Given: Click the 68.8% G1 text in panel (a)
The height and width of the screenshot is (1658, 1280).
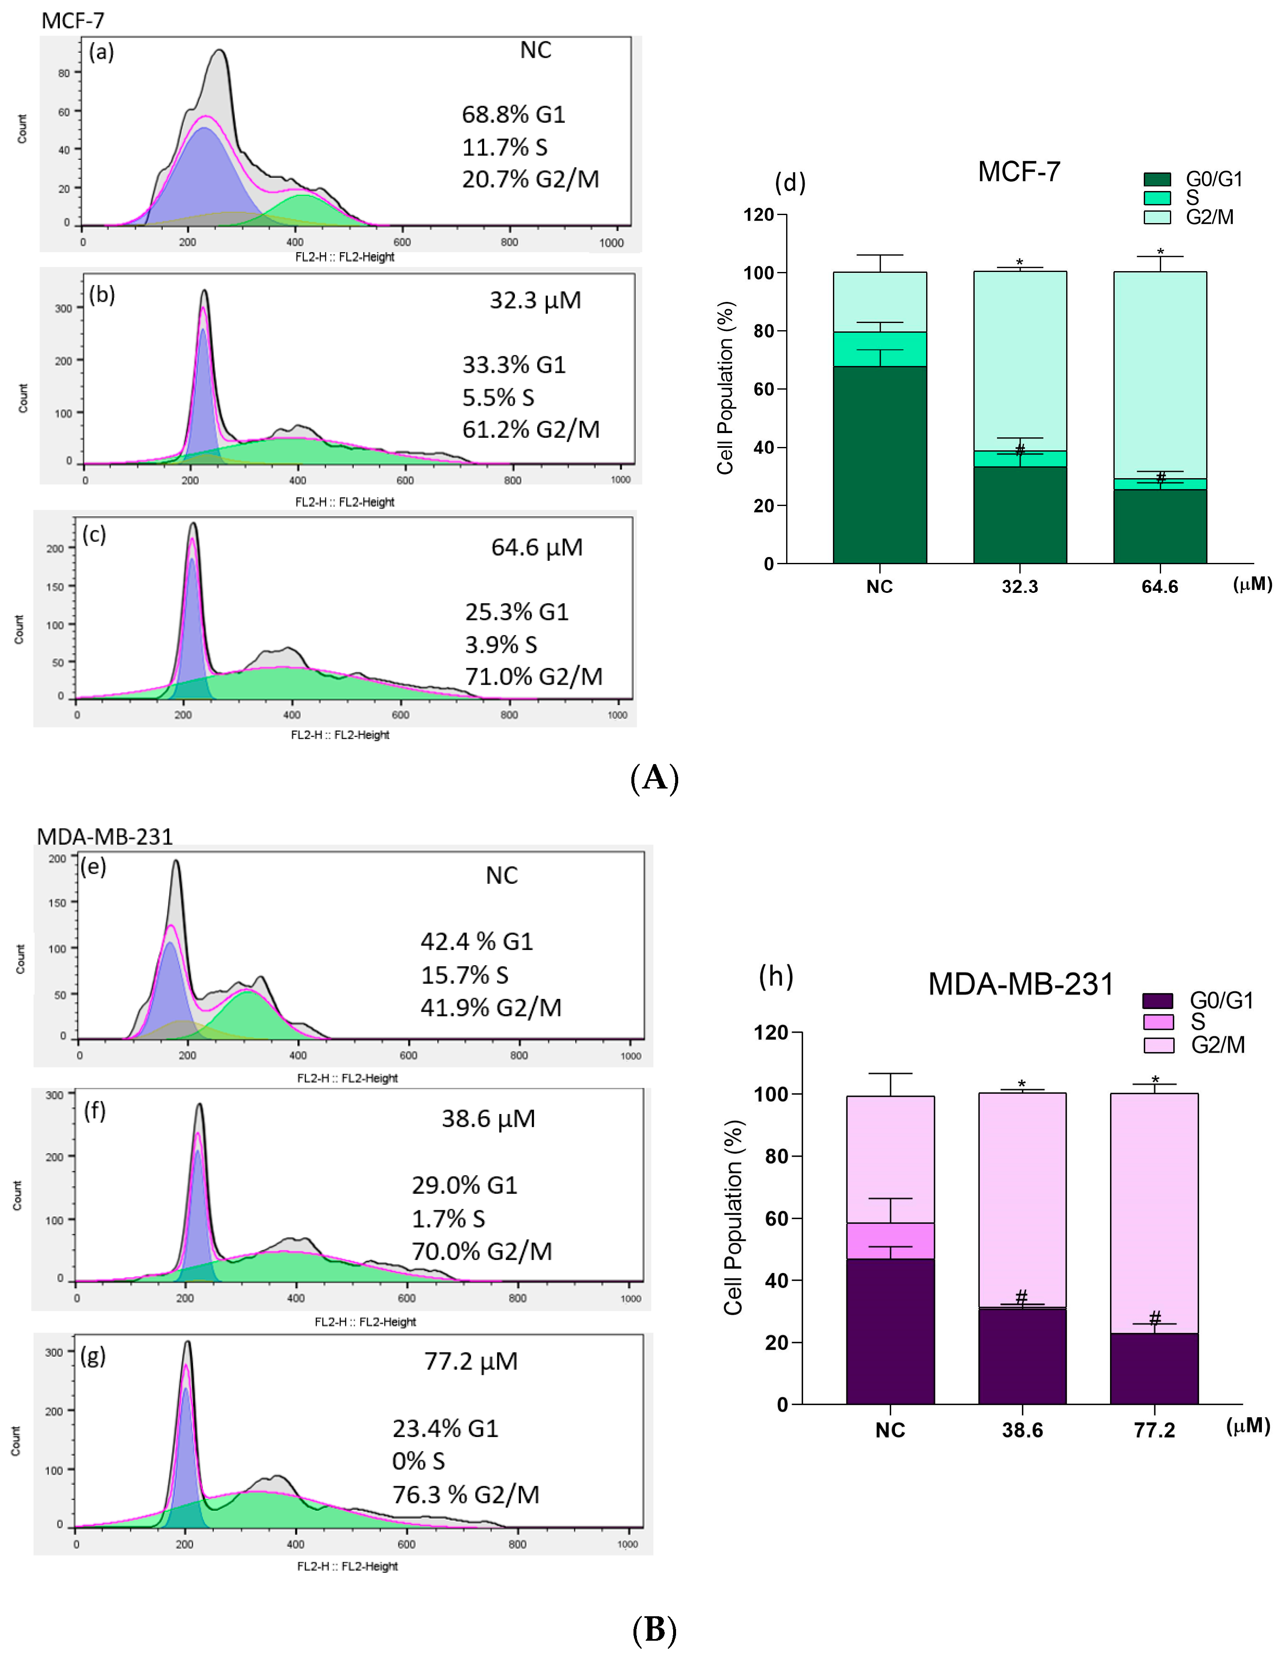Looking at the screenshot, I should pos(513,115).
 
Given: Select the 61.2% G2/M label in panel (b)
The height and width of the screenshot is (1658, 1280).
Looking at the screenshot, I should pos(531,430).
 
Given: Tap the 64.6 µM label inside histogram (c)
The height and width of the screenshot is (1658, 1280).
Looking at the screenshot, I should pos(537,547).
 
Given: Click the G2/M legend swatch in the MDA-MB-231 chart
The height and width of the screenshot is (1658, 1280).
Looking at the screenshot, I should pos(1158,1045).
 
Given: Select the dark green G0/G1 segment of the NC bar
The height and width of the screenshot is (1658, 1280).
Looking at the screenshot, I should pos(879,465).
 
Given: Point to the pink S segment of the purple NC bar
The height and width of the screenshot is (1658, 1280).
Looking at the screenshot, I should pos(890,1241).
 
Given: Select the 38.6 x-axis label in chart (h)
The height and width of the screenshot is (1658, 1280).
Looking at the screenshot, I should pos(1022,1430).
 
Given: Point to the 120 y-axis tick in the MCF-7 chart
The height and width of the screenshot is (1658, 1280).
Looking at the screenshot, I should pos(758,215).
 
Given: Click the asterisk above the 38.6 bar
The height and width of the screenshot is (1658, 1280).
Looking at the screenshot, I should pos(1022,1083).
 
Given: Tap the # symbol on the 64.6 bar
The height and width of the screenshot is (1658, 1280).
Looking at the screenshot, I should pos(1160,477).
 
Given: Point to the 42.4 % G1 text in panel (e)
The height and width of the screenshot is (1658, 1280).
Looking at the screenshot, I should pos(477,941).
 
